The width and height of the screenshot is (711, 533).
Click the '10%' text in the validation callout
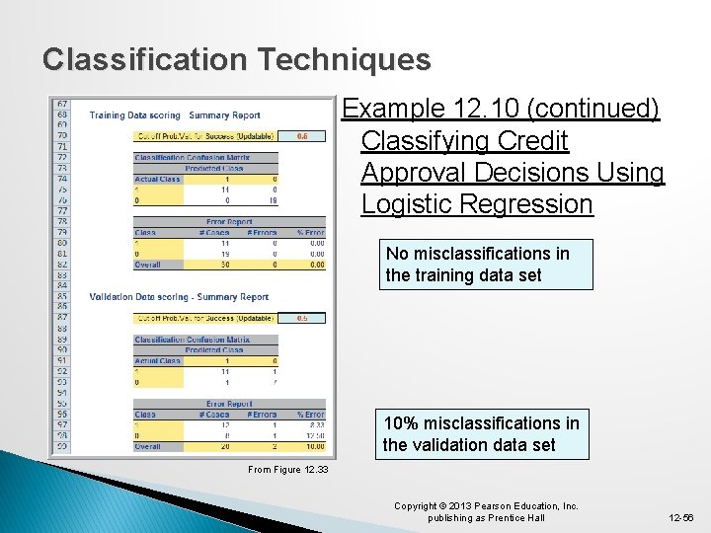point(401,423)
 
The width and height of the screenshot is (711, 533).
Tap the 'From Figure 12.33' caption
point(287,470)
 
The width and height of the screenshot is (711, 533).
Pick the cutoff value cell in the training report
point(302,136)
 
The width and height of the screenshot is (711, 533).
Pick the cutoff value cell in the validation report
point(302,318)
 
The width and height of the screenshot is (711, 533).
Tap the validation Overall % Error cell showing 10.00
point(313,446)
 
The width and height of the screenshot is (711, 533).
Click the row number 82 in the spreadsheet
point(62,265)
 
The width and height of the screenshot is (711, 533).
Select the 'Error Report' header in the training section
point(229,222)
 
